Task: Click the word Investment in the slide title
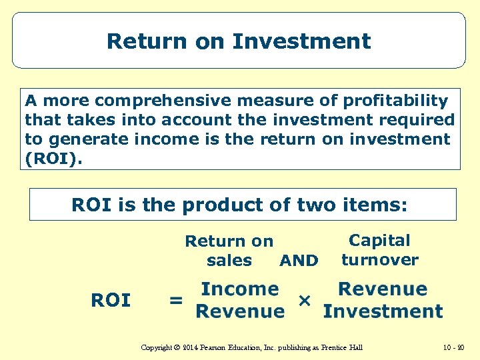click(301, 41)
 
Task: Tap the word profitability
click(396, 101)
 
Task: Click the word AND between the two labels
click(299, 261)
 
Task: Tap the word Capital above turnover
click(379, 241)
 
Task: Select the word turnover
click(379, 260)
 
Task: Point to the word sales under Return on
click(229, 261)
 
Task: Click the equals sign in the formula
click(175, 301)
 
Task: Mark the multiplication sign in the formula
click(304, 300)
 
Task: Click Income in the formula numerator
click(240, 289)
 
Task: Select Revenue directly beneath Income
click(240, 311)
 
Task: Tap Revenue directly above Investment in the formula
click(382, 289)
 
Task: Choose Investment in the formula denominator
click(382, 311)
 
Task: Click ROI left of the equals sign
click(111, 301)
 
